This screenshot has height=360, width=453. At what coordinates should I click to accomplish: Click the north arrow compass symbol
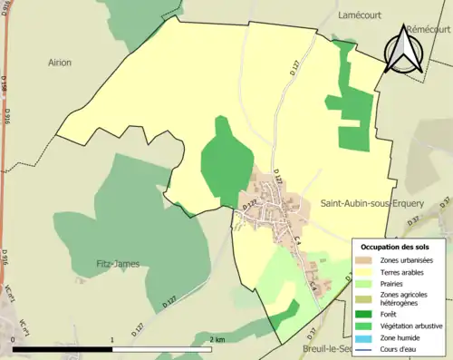(401, 50)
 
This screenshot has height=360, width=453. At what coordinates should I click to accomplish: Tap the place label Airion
(59, 63)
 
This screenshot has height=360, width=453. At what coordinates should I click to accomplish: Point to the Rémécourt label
(429, 29)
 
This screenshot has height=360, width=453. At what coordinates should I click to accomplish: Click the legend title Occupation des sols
(395, 247)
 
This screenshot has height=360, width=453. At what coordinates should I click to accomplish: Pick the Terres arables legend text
(401, 271)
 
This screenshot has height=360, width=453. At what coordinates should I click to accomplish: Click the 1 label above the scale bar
(111, 340)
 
